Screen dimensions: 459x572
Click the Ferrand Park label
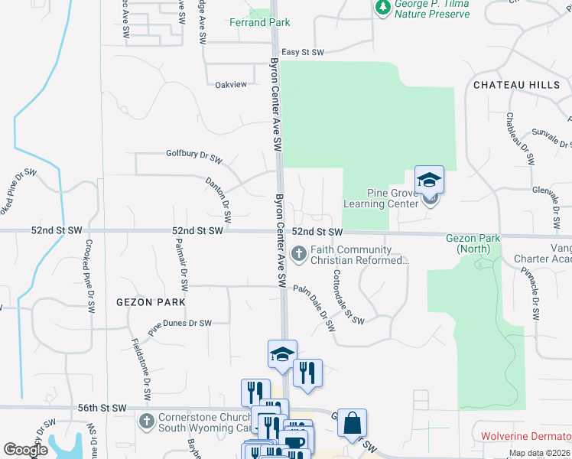(x=260, y=22)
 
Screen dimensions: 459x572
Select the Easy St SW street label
(x=303, y=52)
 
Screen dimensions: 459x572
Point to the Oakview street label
(x=232, y=84)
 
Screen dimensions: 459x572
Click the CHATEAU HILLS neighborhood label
(x=517, y=85)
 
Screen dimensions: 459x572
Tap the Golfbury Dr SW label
(x=193, y=153)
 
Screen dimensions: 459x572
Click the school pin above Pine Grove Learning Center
(x=429, y=180)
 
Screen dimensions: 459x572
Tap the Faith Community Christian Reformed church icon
(x=300, y=251)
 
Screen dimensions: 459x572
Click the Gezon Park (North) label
(x=473, y=243)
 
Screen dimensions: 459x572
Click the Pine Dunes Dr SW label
(x=180, y=324)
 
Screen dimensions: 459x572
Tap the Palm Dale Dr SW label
(x=315, y=307)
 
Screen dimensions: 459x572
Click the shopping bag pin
(x=352, y=422)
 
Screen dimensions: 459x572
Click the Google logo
(x=25, y=451)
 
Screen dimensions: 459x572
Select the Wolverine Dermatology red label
(x=525, y=436)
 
